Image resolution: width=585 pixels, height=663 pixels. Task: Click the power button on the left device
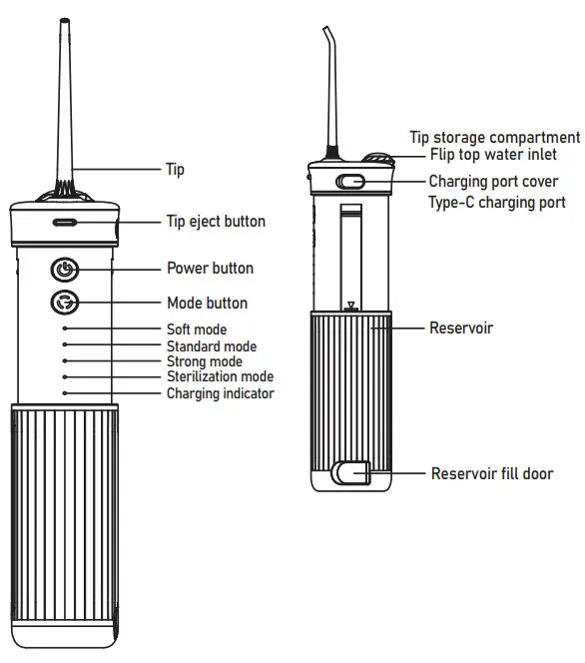(65, 269)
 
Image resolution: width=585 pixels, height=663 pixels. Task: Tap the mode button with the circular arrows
(65, 303)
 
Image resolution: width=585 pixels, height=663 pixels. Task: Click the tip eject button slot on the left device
(64, 222)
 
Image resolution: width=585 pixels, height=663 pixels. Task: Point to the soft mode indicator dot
(65, 329)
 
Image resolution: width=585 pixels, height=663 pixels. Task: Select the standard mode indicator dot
(65, 344)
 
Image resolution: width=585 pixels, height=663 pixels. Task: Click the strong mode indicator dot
(65, 360)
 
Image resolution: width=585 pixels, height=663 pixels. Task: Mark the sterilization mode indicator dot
(65, 376)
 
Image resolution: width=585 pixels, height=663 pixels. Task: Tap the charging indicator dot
(65, 393)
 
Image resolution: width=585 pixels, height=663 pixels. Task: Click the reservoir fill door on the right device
(351, 472)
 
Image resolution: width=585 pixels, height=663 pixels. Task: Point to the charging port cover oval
(350, 182)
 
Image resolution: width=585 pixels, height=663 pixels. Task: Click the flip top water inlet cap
(379, 160)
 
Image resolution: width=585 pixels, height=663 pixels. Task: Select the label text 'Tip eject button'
(216, 221)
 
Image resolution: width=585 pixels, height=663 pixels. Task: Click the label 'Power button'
(210, 268)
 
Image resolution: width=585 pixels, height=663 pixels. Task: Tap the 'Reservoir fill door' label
(492, 473)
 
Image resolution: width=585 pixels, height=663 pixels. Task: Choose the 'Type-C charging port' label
(497, 202)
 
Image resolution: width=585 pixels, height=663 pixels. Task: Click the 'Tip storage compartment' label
(495, 138)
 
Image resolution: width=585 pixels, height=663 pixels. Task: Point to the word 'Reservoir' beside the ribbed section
(461, 328)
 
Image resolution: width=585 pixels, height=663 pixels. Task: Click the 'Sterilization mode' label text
(220, 376)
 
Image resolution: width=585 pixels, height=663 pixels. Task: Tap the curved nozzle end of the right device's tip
(326, 29)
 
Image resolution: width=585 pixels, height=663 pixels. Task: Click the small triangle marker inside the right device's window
(350, 305)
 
